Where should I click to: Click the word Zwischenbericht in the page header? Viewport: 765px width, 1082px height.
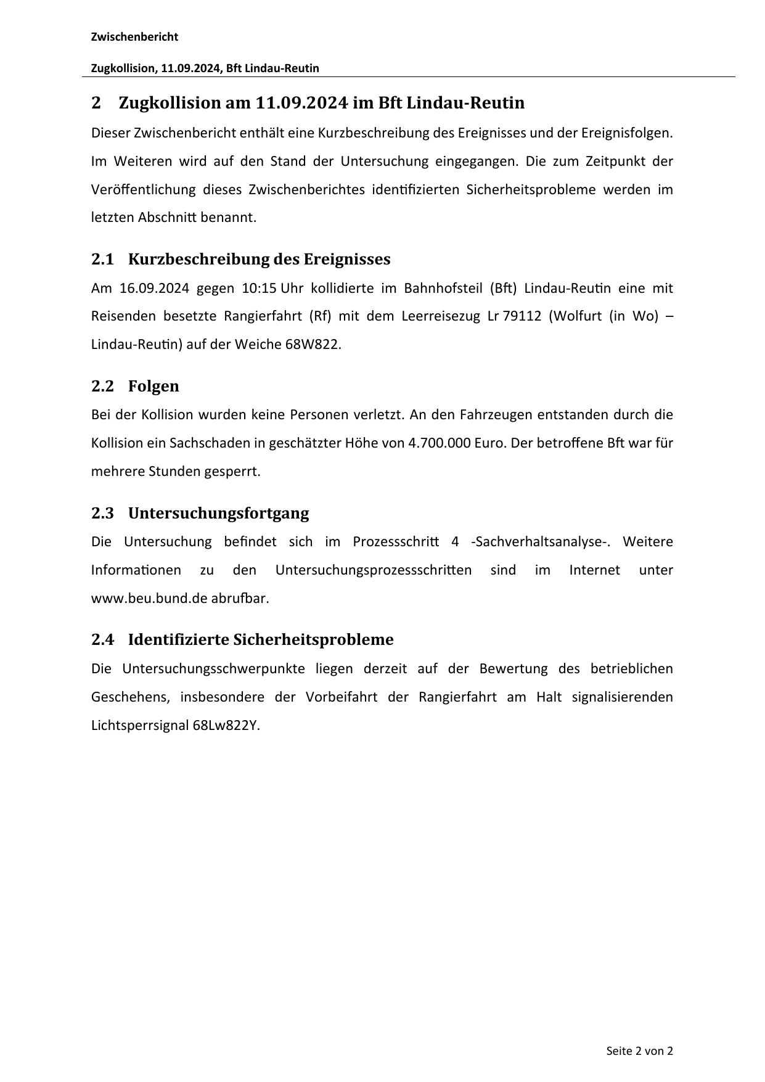tap(134, 37)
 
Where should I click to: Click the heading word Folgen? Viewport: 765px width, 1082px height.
tap(153, 387)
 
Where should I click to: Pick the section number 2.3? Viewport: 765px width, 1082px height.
tap(102, 514)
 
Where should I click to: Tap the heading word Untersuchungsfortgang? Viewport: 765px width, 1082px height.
tap(218, 514)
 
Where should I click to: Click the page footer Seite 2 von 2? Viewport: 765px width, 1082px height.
tap(639, 1051)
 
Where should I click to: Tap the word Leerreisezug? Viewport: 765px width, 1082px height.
tap(440, 316)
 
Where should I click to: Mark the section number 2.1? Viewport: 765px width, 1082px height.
tap(102, 260)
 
